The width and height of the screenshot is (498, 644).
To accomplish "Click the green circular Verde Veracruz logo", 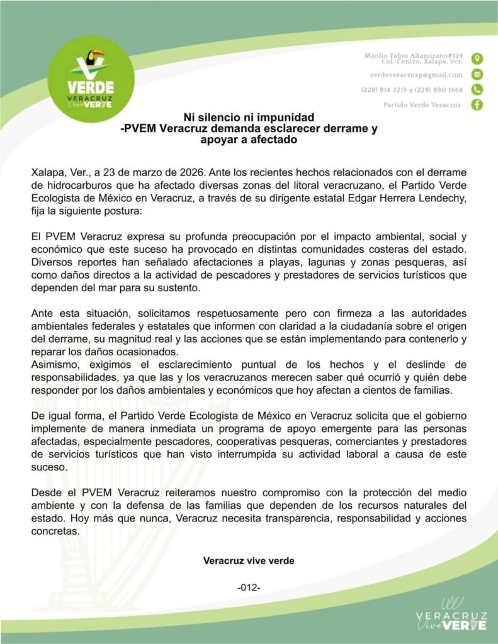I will click(91, 79).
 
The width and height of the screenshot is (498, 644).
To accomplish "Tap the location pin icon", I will click(477, 58).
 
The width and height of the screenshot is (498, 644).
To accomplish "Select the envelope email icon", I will click(477, 74).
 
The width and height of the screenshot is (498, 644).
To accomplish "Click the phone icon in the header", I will click(477, 89).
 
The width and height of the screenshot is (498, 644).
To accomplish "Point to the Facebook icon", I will click(477, 104).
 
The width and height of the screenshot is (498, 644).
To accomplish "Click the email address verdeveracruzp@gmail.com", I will click(416, 74).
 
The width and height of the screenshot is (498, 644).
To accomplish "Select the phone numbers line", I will click(412, 89).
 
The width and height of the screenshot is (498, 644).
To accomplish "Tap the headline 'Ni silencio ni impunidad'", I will click(249, 118).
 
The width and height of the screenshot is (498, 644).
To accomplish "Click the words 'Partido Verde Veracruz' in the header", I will click(422, 104).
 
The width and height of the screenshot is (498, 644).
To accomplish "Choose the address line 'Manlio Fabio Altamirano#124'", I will click(414, 56).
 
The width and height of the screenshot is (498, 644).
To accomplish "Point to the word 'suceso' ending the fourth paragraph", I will click(47, 469).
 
